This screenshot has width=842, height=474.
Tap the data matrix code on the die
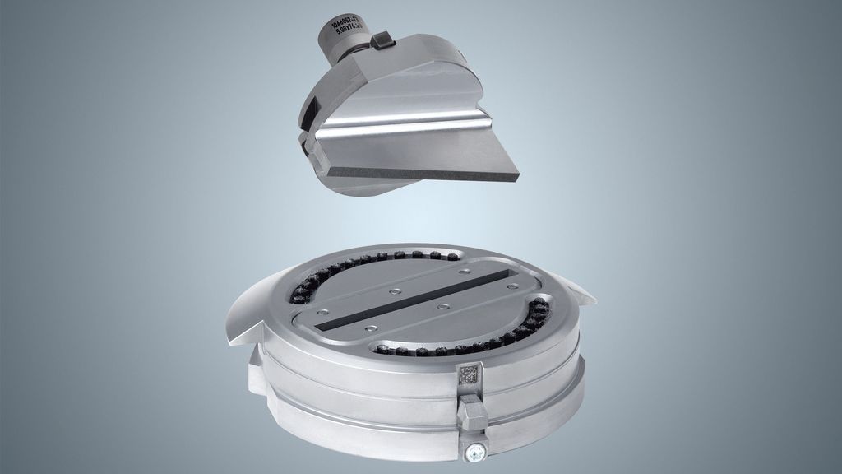[470, 375]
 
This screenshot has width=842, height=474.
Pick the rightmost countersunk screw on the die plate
[514, 286]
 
